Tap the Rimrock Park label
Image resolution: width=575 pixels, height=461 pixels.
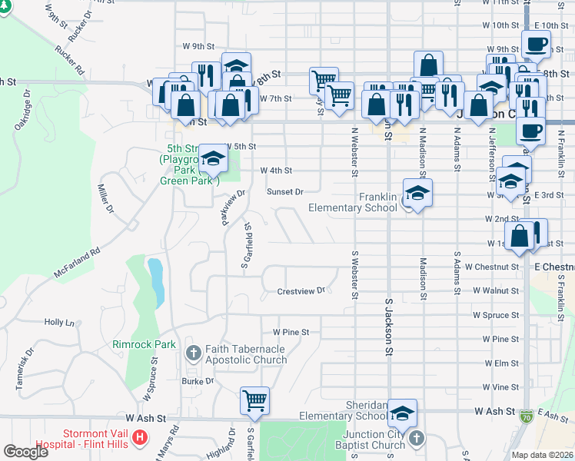coord(144,345)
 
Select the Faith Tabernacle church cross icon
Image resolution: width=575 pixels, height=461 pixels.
coord(193,354)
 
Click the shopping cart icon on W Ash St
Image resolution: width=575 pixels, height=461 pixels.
coord(254,400)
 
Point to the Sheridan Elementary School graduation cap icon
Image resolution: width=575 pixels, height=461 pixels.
coord(401,413)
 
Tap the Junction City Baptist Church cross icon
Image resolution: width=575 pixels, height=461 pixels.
coord(416,439)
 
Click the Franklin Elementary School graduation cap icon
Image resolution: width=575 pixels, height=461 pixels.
coord(417,193)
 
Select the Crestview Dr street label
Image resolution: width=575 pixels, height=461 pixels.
coord(301,291)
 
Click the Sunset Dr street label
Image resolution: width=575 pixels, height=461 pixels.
coord(285,191)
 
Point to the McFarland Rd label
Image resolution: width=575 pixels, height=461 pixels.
coord(78,262)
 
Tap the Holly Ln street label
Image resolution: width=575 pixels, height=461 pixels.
coord(59,323)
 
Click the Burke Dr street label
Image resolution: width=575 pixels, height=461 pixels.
coord(198,380)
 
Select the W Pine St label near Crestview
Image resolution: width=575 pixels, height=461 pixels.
coord(291,333)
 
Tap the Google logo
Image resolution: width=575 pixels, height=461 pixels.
coord(25,452)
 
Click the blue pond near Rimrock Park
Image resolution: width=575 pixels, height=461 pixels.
coord(156,280)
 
